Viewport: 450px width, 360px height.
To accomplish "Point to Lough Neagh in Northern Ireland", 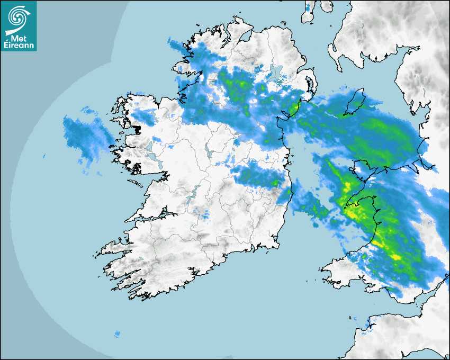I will (x=276, y=73).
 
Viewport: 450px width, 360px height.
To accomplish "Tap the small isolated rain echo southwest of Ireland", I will (x=117, y=334).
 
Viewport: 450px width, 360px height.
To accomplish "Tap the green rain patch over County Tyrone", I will (x=236, y=85).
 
